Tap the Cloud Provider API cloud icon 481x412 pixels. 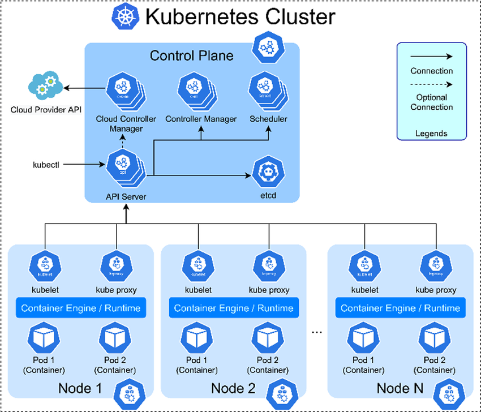45,85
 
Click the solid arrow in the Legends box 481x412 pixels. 431,57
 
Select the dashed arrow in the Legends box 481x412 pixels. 431,84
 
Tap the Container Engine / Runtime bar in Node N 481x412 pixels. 400,308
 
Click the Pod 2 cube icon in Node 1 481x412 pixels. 115,338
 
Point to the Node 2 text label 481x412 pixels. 233,389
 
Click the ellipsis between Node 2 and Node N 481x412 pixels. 317,332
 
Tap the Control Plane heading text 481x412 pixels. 191,55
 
